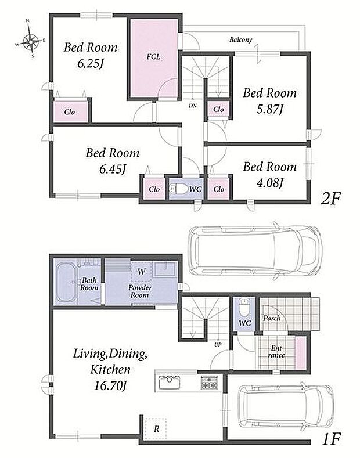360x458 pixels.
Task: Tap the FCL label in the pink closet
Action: tap(153, 57)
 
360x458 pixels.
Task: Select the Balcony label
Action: tap(240, 39)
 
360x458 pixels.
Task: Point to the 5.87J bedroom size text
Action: tap(269, 110)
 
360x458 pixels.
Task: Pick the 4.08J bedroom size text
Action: tap(269, 183)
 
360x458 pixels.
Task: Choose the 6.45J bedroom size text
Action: tap(113, 169)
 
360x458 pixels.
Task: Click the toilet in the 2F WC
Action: tap(179, 189)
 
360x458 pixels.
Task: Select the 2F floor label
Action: tap(331, 200)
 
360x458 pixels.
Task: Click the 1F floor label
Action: tap(331, 439)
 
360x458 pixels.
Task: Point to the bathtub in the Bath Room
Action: tap(66, 282)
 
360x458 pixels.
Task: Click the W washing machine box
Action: tap(142, 272)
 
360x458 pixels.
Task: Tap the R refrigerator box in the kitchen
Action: tap(156, 429)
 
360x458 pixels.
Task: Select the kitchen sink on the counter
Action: tap(169, 382)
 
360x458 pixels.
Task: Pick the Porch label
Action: tap(272, 318)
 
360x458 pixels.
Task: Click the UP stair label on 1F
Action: tap(218, 345)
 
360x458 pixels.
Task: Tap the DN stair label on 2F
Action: tap(192, 106)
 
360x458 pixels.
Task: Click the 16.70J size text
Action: tap(110, 386)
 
